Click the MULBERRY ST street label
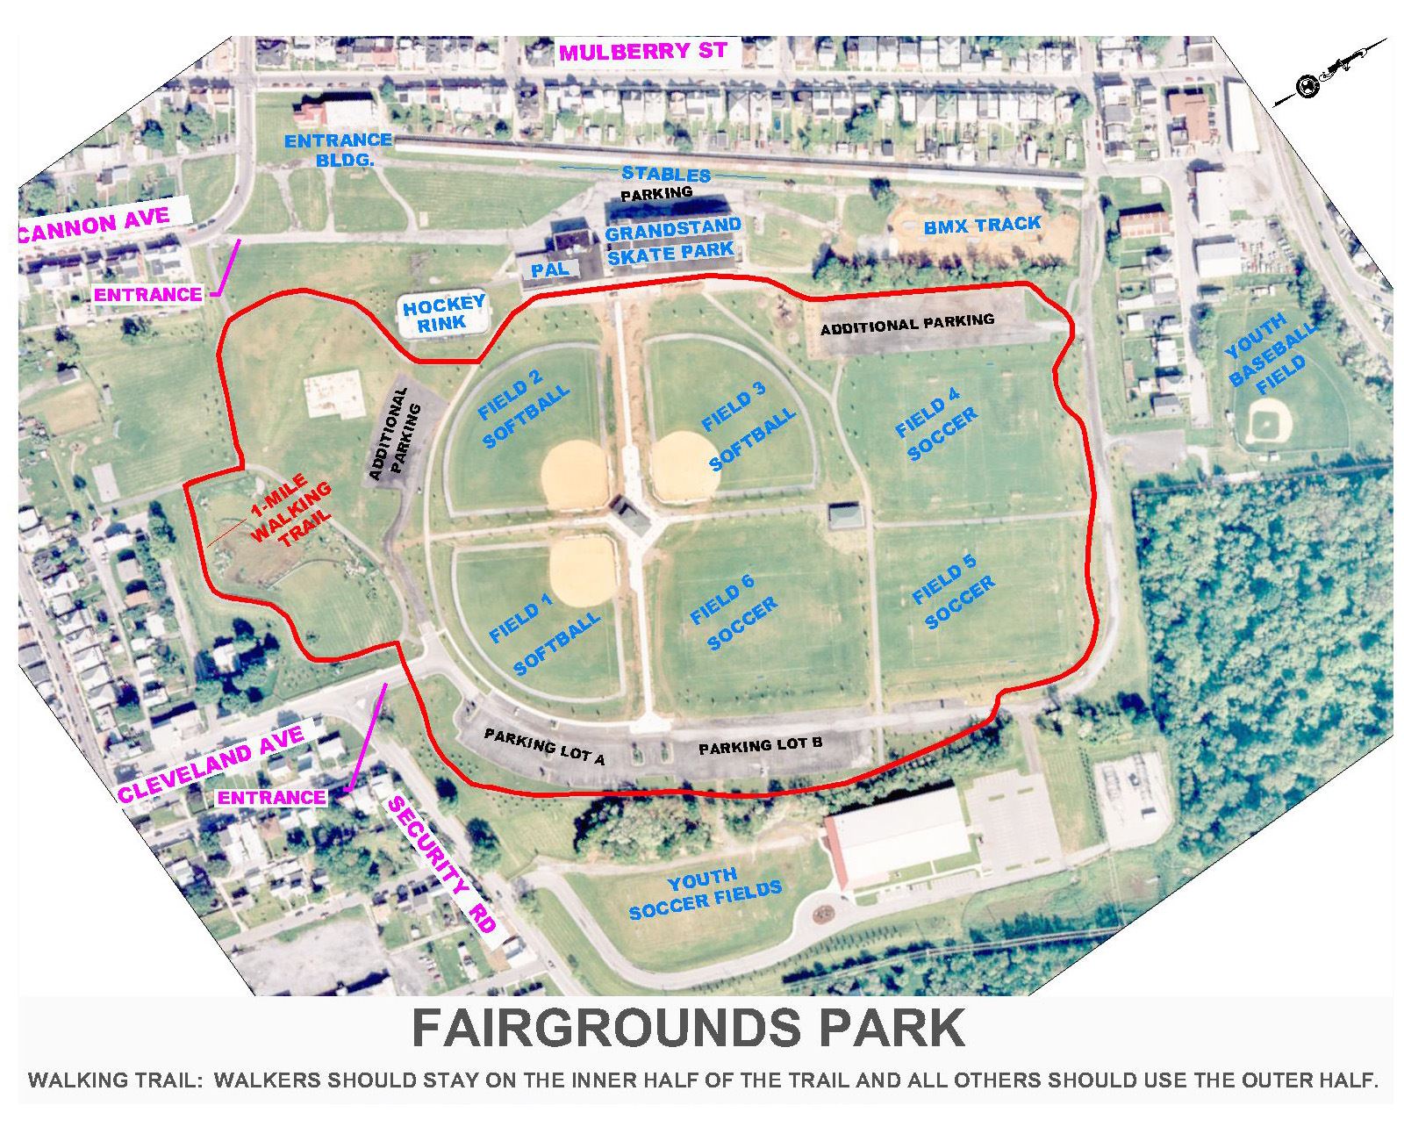click(643, 51)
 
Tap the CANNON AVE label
click(95, 224)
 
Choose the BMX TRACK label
click(982, 226)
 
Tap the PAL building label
click(550, 269)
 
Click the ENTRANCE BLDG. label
click(338, 148)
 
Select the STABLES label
click(666, 174)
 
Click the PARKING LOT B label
click(760, 746)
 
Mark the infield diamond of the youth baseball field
click(1265, 424)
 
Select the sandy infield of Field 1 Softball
click(582, 570)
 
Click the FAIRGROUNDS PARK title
click(688, 1028)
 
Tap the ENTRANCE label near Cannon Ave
click(147, 295)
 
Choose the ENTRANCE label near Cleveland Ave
click(271, 797)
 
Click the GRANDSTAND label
click(673, 230)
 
